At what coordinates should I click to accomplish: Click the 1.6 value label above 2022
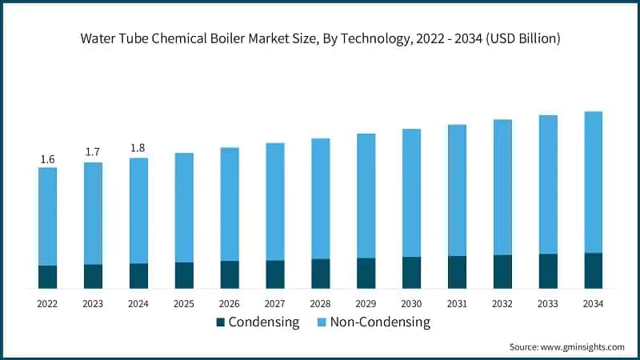(x=47, y=159)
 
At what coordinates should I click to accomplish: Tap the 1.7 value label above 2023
(x=93, y=152)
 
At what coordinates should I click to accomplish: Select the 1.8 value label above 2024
(x=138, y=147)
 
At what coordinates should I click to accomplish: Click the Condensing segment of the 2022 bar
(x=47, y=277)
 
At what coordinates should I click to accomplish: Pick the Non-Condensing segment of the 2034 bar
(x=593, y=182)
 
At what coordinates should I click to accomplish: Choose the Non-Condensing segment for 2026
(x=230, y=204)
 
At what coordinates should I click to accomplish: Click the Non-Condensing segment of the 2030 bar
(x=412, y=193)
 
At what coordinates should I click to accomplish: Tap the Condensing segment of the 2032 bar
(x=502, y=271)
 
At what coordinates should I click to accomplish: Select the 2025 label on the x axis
(x=184, y=304)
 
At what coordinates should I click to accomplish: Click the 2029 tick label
(x=366, y=304)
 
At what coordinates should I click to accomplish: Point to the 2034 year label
(x=593, y=304)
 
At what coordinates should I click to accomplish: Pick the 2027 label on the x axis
(x=275, y=304)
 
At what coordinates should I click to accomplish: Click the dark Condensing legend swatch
(x=221, y=322)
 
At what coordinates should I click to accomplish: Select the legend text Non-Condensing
(x=381, y=322)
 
